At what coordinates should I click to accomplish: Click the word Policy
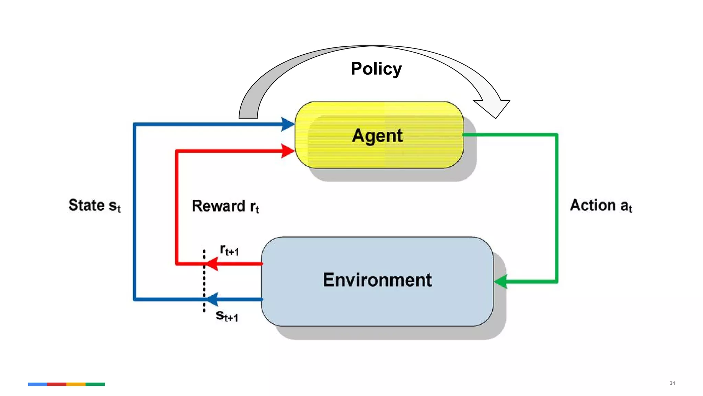coord(376,69)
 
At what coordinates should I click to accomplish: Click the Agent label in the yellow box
coord(377,135)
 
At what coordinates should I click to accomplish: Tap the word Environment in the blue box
coord(377,280)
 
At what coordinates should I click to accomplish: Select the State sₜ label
coord(94,206)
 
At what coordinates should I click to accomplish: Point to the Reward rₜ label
coord(225,206)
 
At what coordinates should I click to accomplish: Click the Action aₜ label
coord(601,206)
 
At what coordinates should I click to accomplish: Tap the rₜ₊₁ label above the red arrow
coord(229,250)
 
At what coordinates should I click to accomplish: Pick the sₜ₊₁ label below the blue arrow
coord(227,316)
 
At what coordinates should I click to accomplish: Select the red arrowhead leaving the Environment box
coord(212,264)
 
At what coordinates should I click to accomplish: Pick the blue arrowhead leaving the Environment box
coord(212,299)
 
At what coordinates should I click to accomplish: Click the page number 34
coord(672,383)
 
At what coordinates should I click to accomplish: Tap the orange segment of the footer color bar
coord(76,384)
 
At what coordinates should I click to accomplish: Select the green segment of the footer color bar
coord(95,384)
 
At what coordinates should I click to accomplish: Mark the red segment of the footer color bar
coord(57,384)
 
